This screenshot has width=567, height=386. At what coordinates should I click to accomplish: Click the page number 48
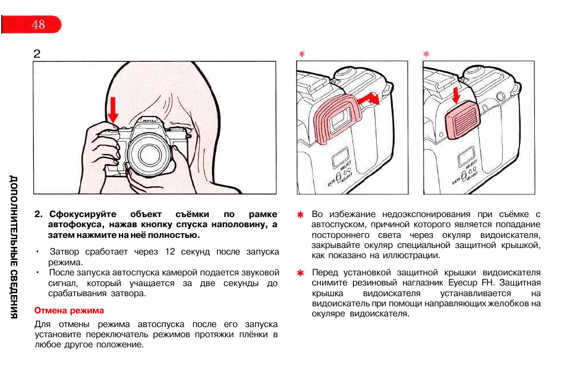(x=38, y=24)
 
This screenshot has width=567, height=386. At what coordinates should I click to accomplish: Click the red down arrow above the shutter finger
(x=113, y=110)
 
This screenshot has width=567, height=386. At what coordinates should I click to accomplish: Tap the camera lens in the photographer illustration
(x=148, y=155)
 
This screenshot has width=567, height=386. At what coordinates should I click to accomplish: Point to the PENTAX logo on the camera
(x=150, y=121)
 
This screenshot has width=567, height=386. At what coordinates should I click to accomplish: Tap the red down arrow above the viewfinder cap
(x=456, y=95)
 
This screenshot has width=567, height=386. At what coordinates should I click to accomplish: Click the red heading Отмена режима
(x=69, y=310)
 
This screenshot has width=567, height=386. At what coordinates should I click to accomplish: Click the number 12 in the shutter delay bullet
(x=170, y=252)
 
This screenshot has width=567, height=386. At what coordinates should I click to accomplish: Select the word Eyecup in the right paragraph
(x=463, y=283)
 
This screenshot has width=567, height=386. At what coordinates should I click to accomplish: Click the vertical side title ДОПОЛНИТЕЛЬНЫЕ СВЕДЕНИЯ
(x=14, y=247)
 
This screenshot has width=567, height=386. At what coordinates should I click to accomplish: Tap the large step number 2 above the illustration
(x=37, y=54)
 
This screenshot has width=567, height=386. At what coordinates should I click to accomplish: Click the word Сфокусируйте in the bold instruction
(x=83, y=214)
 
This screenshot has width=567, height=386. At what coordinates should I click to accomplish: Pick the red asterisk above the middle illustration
(x=302, y=54)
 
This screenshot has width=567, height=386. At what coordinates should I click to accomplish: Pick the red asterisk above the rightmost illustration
(x=426, y=54)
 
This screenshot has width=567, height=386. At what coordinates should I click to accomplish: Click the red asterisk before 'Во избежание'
(x=300, y=215)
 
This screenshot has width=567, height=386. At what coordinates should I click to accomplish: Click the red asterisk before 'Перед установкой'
(x=300, y=273)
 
